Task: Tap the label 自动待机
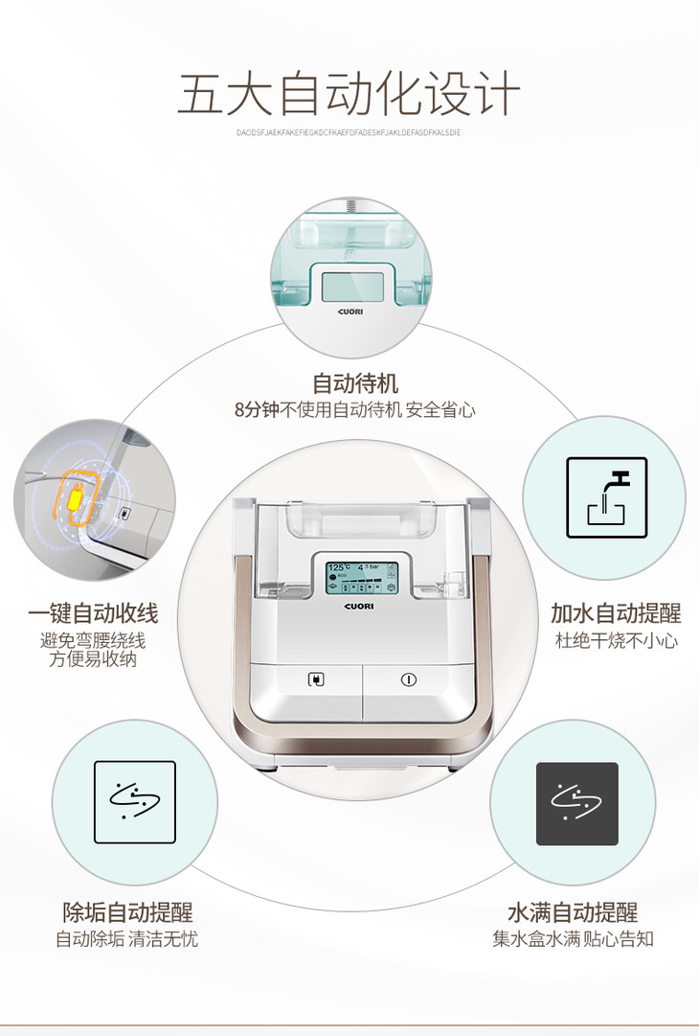355,383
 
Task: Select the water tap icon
606,496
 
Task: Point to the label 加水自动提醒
616,613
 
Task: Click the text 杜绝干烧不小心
616,640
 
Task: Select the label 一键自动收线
93,613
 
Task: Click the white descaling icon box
135,802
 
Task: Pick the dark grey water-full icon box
576,803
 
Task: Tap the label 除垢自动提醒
127,911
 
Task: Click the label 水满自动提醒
573,911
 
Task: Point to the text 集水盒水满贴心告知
573,938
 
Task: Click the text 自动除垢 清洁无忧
127,938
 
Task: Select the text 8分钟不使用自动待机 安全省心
355,410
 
